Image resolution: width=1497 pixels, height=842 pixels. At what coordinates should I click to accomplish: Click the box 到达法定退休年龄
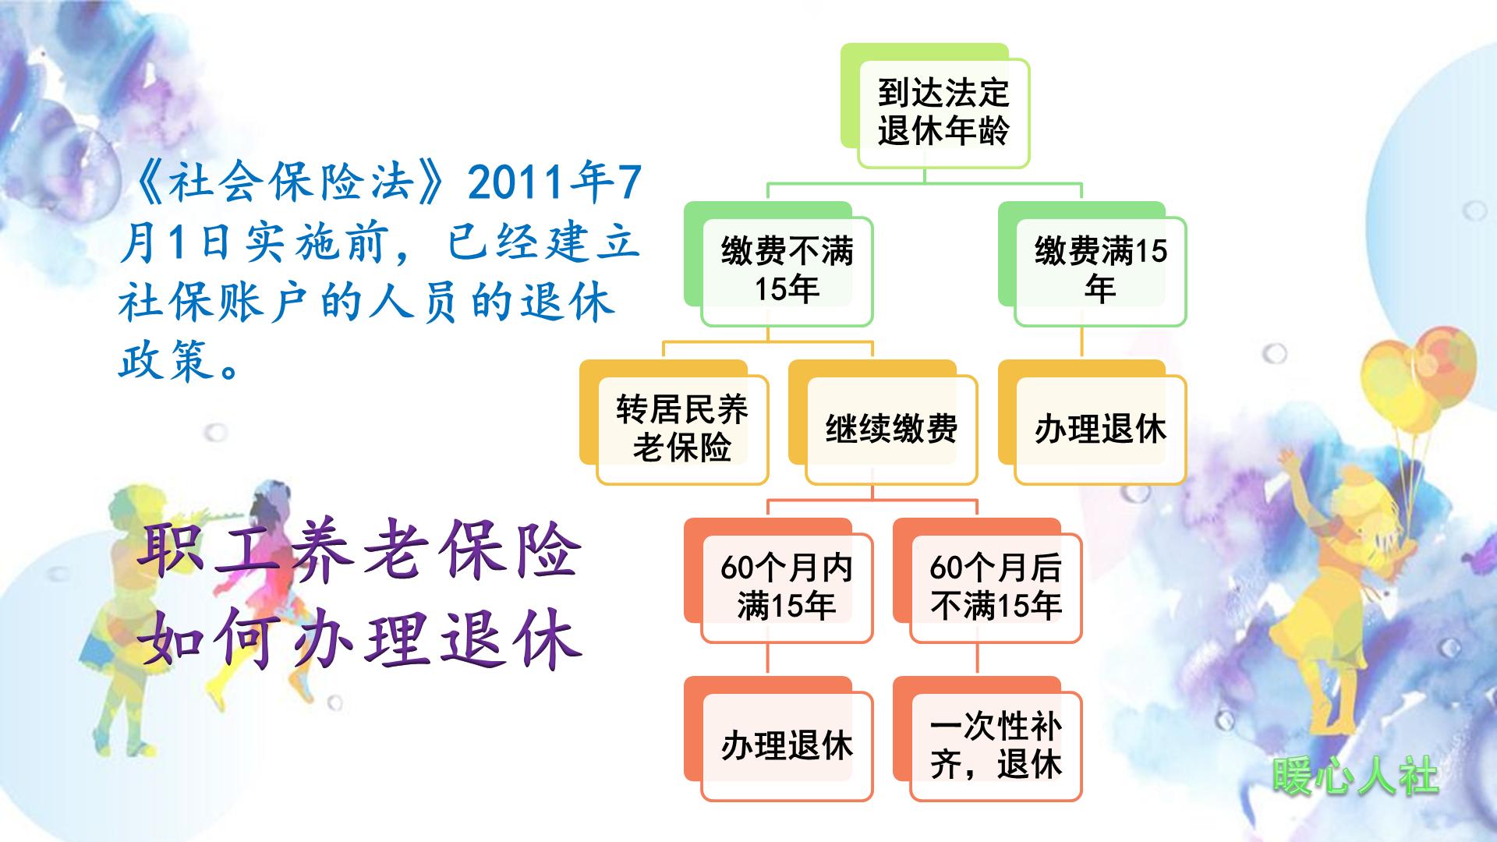943,112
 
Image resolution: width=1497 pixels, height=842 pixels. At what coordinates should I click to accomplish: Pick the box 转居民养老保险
681,429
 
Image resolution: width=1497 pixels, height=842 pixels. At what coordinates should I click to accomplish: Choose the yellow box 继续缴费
890,429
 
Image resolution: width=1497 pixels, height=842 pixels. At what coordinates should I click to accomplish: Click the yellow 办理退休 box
1099,429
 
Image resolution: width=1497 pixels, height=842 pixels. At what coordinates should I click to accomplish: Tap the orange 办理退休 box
786,745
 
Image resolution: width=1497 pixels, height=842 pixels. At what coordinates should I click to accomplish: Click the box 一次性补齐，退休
995,745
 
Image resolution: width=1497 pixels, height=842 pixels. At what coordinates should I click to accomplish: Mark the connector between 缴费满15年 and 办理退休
1082,342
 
